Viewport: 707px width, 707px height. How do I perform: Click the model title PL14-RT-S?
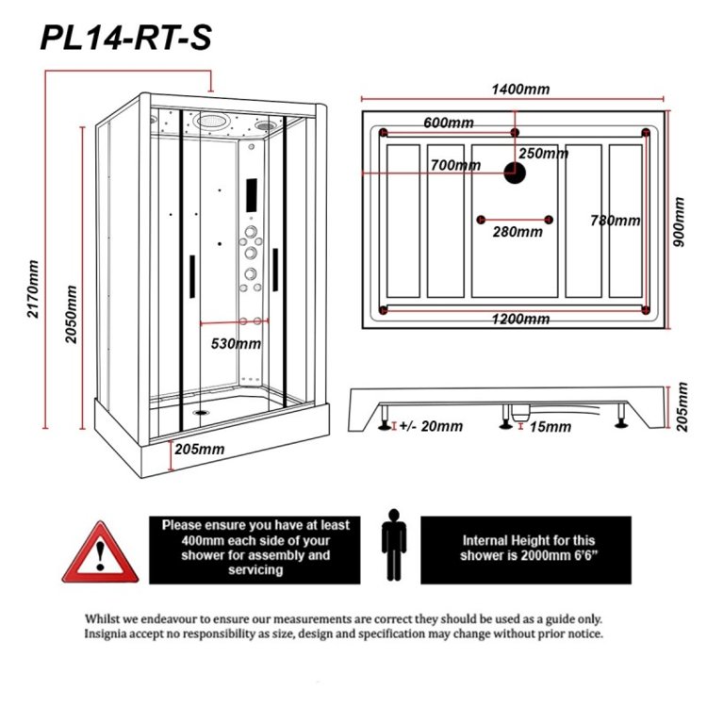[125, 38]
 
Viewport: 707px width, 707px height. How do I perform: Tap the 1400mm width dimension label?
[520, 89]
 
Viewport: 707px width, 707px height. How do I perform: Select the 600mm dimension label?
[449, 123]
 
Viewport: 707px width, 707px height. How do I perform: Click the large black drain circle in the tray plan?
[515, 173]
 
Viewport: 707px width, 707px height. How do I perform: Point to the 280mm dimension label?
[518, 232]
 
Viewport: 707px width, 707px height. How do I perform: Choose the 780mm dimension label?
[615, 221]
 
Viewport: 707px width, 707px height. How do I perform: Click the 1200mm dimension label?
[520, 320]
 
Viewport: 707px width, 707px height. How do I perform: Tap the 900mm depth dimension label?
[679, 222]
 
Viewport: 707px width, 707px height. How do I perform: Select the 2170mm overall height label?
[32, 288]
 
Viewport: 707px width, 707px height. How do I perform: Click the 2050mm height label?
[71, 314]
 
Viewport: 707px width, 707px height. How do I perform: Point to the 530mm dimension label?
[236, 343]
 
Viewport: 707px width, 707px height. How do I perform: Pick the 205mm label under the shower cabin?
[199, 449]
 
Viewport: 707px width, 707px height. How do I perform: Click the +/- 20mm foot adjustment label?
[431, 426]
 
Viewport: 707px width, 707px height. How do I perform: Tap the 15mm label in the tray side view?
[551, 426]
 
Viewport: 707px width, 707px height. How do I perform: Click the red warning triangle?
[100, 552]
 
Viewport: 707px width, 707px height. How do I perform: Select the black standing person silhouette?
[394, 545]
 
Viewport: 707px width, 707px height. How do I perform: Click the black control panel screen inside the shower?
[252, 195]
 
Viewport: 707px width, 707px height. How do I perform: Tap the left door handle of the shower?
[192, 276]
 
